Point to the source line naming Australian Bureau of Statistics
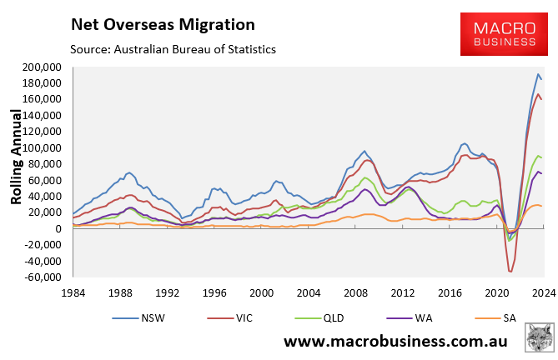click(x=173, y=49)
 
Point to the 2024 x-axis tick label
click(x=542, y=293)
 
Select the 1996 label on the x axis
click(x=215, y=293)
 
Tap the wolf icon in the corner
click(x=540, y=339)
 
